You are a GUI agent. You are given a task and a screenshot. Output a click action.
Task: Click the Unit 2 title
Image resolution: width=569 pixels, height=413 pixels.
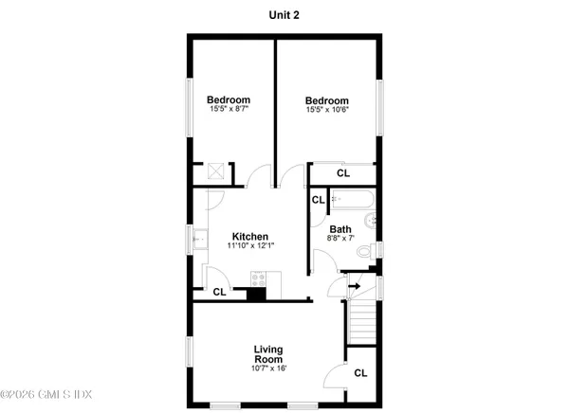pyautogui.click(x=284, y=15)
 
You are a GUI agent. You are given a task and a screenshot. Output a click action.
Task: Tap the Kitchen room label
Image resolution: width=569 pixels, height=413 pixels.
pyautogui.click(x=250, y=237)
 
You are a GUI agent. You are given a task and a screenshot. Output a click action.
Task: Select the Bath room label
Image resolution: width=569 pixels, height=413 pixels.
pyautogui.click(x=340, y=229)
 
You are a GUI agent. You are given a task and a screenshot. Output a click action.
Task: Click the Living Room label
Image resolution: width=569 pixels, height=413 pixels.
pyautogui.click(x=269, y=354)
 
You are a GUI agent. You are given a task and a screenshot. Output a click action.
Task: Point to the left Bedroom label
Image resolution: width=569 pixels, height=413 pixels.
pyautogui.click(x=229, y=100)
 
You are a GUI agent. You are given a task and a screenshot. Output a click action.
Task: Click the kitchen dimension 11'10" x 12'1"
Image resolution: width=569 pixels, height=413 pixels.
pyautogui.click(x=250, y=246)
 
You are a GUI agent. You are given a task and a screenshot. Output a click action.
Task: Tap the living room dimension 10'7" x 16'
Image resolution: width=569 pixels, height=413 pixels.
pyautogui.click(x=269, y=368)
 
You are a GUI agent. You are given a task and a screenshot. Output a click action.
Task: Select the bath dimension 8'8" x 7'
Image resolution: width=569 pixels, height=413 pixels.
pyautogui.click(x=341, y=239)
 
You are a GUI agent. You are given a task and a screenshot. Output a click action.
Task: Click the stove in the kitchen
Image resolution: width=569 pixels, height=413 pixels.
pyautogui.click(x=259, y=278)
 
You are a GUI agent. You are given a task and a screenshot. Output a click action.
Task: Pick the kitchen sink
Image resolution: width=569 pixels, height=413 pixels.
pyautogui.click(x=201, y=242)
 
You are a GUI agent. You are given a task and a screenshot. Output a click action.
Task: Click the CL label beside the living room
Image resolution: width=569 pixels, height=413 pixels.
pyautogui.click(x=360, y=373)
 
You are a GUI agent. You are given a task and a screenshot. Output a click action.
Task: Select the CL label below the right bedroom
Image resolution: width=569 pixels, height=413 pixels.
pyautogui.click(x=342, y=173)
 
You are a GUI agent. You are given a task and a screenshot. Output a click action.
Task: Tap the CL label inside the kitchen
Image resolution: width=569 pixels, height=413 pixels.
pyautogui.click(x=219, y=292)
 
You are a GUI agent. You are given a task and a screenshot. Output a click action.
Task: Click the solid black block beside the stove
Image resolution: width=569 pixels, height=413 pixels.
pyautogui.click(x=254, y=295)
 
